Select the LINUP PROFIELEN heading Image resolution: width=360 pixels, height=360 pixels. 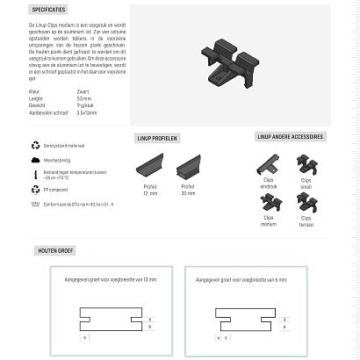[x=159, y=139]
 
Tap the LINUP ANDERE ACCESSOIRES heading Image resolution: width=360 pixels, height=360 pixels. [x=290, y=137]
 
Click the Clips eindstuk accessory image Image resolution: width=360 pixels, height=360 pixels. [x=269, y=164]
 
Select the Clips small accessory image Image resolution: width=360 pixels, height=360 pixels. [x=306, y=164]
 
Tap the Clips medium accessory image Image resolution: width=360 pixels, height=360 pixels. [x=269, y=203]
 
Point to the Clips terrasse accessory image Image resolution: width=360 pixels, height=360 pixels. [x=306, y=203]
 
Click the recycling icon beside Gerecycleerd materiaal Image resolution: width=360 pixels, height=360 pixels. [x=35, y=145]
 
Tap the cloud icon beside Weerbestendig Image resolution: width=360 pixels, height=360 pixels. [x=35, y=161]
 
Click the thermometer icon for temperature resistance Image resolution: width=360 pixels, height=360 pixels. [x=35, y=175]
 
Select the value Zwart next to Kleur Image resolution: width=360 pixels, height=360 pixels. [x=83, y=91]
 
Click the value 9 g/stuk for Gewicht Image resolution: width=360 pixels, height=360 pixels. [x=85, y=105]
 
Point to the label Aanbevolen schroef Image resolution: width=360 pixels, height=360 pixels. [x=48, y=112]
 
